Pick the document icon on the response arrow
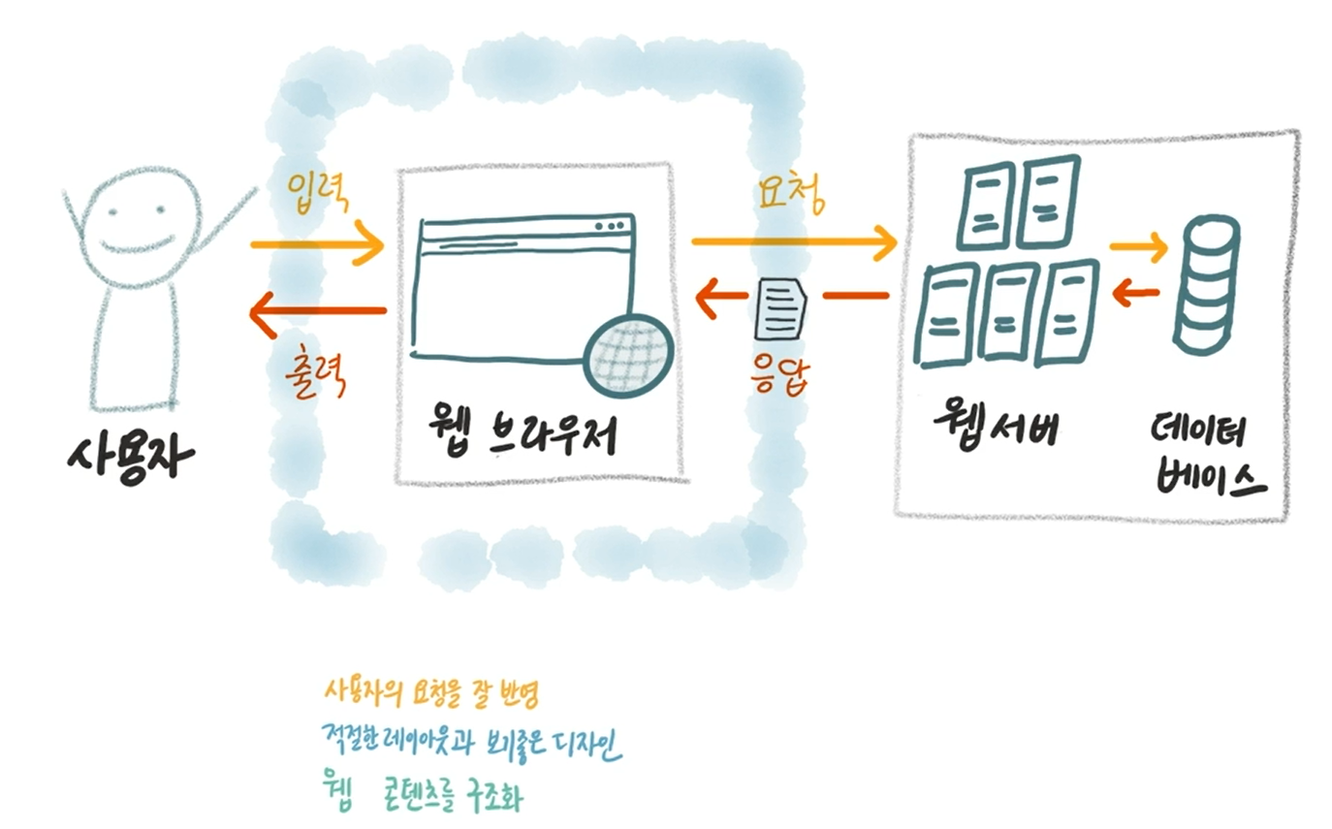tap(780, 306)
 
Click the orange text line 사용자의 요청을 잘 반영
tap(430, 694)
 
